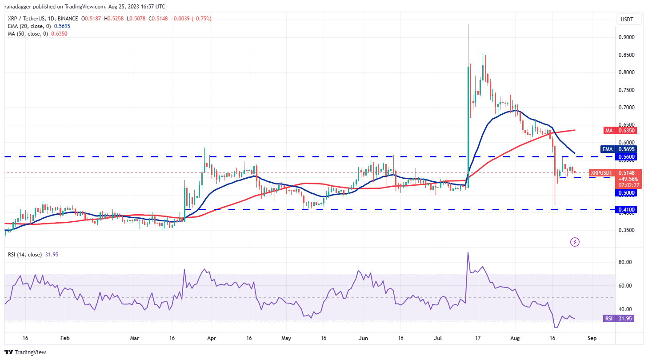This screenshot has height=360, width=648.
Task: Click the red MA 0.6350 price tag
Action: pyautogui.click(x=625, y=131)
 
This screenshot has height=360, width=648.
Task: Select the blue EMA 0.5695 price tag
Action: pyautogui.click(x=625, y=149)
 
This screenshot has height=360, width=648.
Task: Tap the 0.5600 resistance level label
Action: pyautogui.click(x=625, y=157)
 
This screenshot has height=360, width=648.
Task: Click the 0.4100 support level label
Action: pyautogui.click(x=625, y=209)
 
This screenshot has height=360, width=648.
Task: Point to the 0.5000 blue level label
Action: pyautogui.click(x=625, y=193)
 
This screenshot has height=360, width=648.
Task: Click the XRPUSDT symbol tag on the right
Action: pyautogui.click(x=601, y=172)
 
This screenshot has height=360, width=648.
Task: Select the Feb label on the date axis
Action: pyautogui.click(x=64, y=338)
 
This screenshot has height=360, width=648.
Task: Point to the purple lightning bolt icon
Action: pyautogui.click(x=575, y=242)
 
